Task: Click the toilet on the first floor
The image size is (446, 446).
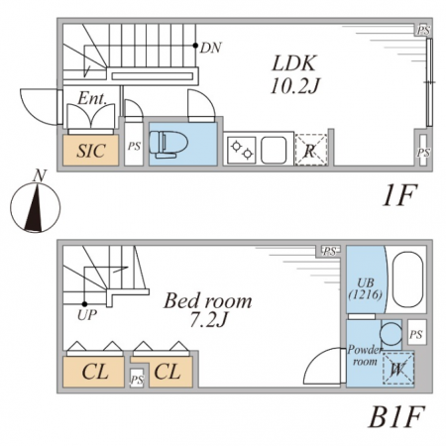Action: pyautogui.click(x=168, y=144)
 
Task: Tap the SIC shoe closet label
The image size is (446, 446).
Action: pyautogui.click(x=91, y=151)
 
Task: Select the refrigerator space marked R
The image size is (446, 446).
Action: pyautogui.click(x=311, y=150)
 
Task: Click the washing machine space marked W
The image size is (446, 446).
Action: pyautogui.click(x=398, y=369)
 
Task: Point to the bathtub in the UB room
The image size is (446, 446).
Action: pyautogui.click(x=407, y=280)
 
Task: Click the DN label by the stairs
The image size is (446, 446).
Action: pyautogui.click(x=210, y=48)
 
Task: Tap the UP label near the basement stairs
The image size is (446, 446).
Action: pyautogui.click(x=87, y=315)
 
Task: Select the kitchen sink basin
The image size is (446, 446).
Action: pyautogui.click(x=274, y=151)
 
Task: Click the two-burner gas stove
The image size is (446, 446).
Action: pyautogui.click(x=242, y=151)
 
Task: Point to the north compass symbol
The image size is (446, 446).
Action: pyautogui.click(x=36, y=204)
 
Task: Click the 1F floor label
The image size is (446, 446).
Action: pyautogui.click(x=398, y=195)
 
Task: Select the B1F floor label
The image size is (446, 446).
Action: pyautogui.click(x=395, y=417)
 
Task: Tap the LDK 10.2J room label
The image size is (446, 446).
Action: pyautogui.click(x=294, y=74)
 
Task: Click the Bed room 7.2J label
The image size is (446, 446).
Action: pyautogui.click(x=208, y=309)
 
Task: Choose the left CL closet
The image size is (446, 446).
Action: pyautogui.click(x=94, y=372)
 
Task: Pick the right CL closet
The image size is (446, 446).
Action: pyautogui.click(x=170, y=372)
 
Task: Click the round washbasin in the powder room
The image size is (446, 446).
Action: pyautogui.click(x=390, y=333)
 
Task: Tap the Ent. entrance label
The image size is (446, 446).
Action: pyautogui.click(x=92, y=98)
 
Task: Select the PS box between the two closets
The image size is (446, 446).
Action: pyautogui.click(x=137, y=379)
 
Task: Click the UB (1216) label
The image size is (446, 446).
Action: pyautogui.click(x=366, y=288)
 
